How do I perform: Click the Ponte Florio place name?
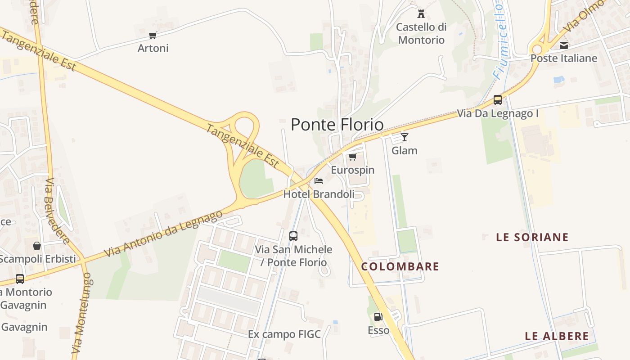coord(337,125)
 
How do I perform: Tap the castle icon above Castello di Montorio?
coord(421,13)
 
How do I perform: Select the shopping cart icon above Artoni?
coord(153,35)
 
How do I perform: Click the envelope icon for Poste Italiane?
coord(563,45)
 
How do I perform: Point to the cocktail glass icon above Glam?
coord(405,137)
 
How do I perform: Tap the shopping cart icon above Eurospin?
coord(353,157)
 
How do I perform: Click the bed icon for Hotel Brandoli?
coord(319,181)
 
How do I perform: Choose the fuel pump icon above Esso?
coord(378,316)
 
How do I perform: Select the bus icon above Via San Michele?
coord(293,236)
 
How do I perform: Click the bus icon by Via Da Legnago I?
coord(498,100)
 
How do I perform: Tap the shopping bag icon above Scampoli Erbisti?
coord(37,246)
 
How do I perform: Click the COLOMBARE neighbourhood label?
coord(400,266)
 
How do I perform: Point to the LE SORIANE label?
coord(532,237)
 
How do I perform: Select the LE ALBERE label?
coord(557,336)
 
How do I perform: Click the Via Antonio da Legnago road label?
coord(163,234)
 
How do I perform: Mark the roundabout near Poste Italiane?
coord(537,49)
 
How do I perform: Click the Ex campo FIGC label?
coord(284,334)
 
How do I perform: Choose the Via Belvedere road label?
coord(57,211)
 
